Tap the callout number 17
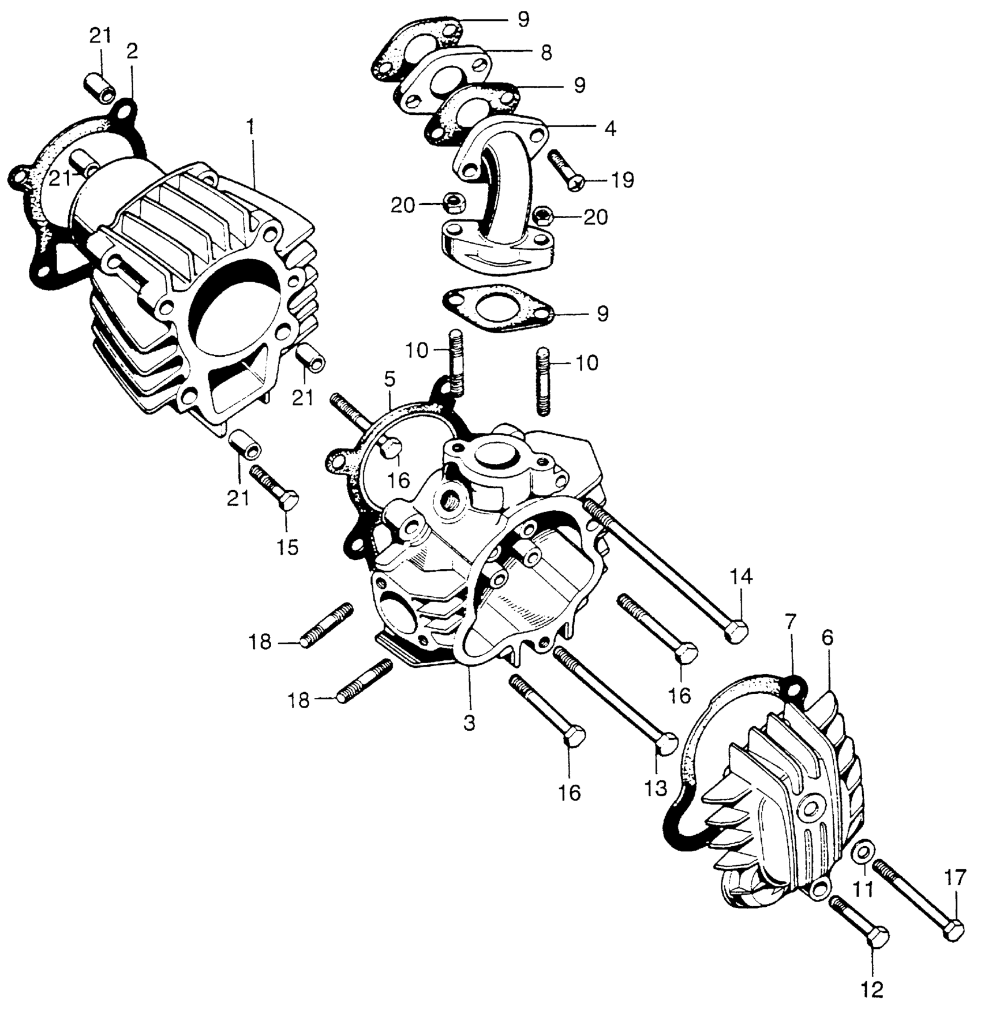pos(954,879)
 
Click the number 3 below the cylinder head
pos(469,723)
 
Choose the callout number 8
pos(546,53)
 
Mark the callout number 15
pos(287,546)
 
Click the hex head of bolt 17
pos(954,930)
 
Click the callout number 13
pos(656,788)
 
